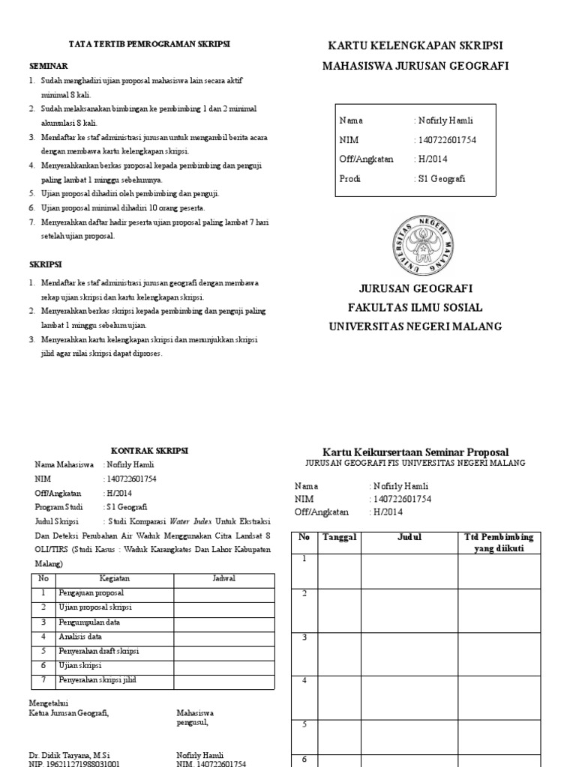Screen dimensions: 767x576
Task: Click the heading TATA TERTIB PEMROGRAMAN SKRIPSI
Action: pyautogui.click(x=149, y=44)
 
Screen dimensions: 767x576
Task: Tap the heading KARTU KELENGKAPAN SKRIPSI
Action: pyautogui.click(x=415, y=44)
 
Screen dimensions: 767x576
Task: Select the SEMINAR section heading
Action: pyautogui.click(x=48, y=66)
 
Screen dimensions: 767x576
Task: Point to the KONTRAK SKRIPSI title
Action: pyautogui.click(x=150, y=451)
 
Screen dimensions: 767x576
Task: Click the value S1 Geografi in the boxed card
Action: pyautogui.click(x=440, y=178)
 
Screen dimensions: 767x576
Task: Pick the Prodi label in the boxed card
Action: pyautogui.click(x=350, y=178)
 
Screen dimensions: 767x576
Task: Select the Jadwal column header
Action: pyautogui.click(x=224, y=579)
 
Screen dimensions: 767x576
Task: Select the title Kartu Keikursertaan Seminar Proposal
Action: pyautogui.click(x=415, y=452)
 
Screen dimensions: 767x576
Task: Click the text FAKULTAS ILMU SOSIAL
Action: pyautogui.click(x=415, y=307)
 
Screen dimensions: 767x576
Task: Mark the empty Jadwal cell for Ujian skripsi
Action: pyautogui.click(x=224, y=666)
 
